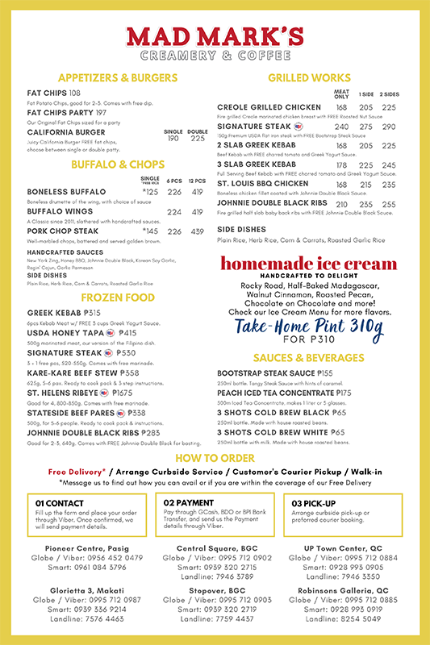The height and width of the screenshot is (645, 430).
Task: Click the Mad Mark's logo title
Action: point(215,37)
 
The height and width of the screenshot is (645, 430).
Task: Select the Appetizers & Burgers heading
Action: point(118,77)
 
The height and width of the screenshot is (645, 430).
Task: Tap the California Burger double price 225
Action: point(198,139)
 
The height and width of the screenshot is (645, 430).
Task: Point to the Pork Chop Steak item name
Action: point(64,231)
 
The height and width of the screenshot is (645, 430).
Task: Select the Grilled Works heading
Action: point(309,77)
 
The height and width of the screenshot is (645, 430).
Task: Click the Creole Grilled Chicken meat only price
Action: point(341,107)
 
